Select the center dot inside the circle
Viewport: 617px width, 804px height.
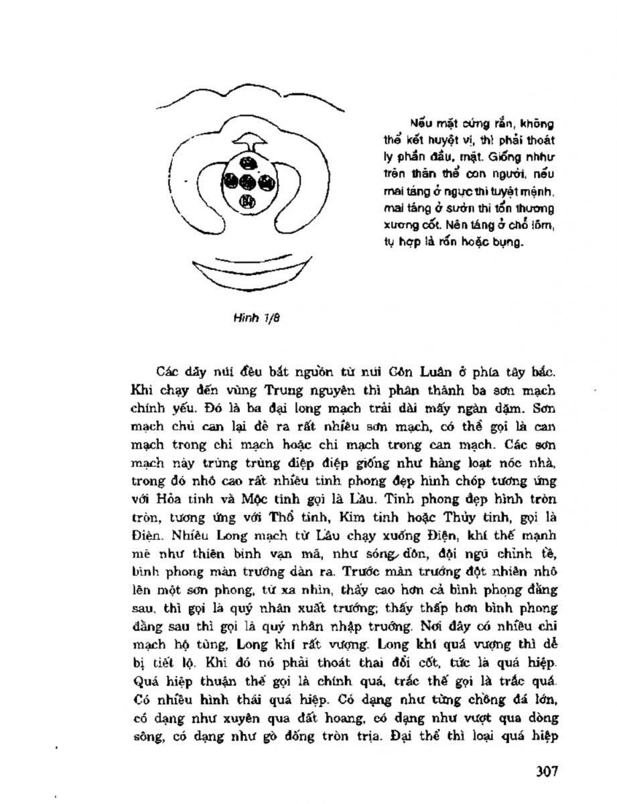click(x=247, y=180)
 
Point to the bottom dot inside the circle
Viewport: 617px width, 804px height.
click(x=247, y=199)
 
